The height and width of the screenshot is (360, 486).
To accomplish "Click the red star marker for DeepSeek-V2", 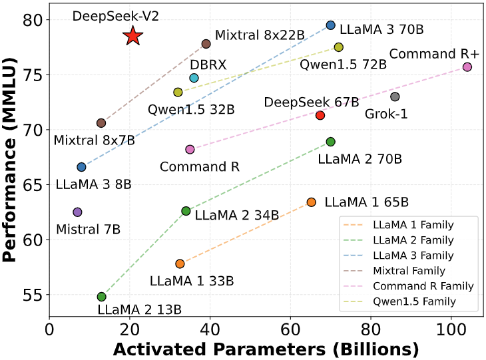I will pos(133,37).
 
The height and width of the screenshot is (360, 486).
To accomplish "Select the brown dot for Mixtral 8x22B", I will pos(206,44).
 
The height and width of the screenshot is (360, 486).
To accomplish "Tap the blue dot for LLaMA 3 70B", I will pos(331,25).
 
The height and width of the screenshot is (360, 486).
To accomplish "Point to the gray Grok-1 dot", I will pos(395,96).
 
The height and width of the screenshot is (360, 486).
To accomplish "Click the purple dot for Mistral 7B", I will pos(77,212).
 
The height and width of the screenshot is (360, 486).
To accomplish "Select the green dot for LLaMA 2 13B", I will pos(101,297).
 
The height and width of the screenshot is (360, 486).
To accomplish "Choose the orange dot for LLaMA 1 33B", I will pos(180,264).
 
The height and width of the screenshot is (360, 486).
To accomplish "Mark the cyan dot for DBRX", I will pos(194,78).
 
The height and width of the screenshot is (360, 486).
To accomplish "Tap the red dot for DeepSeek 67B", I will pos(320,115).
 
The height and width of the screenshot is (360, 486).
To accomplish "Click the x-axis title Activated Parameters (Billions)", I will pos(265,349).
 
